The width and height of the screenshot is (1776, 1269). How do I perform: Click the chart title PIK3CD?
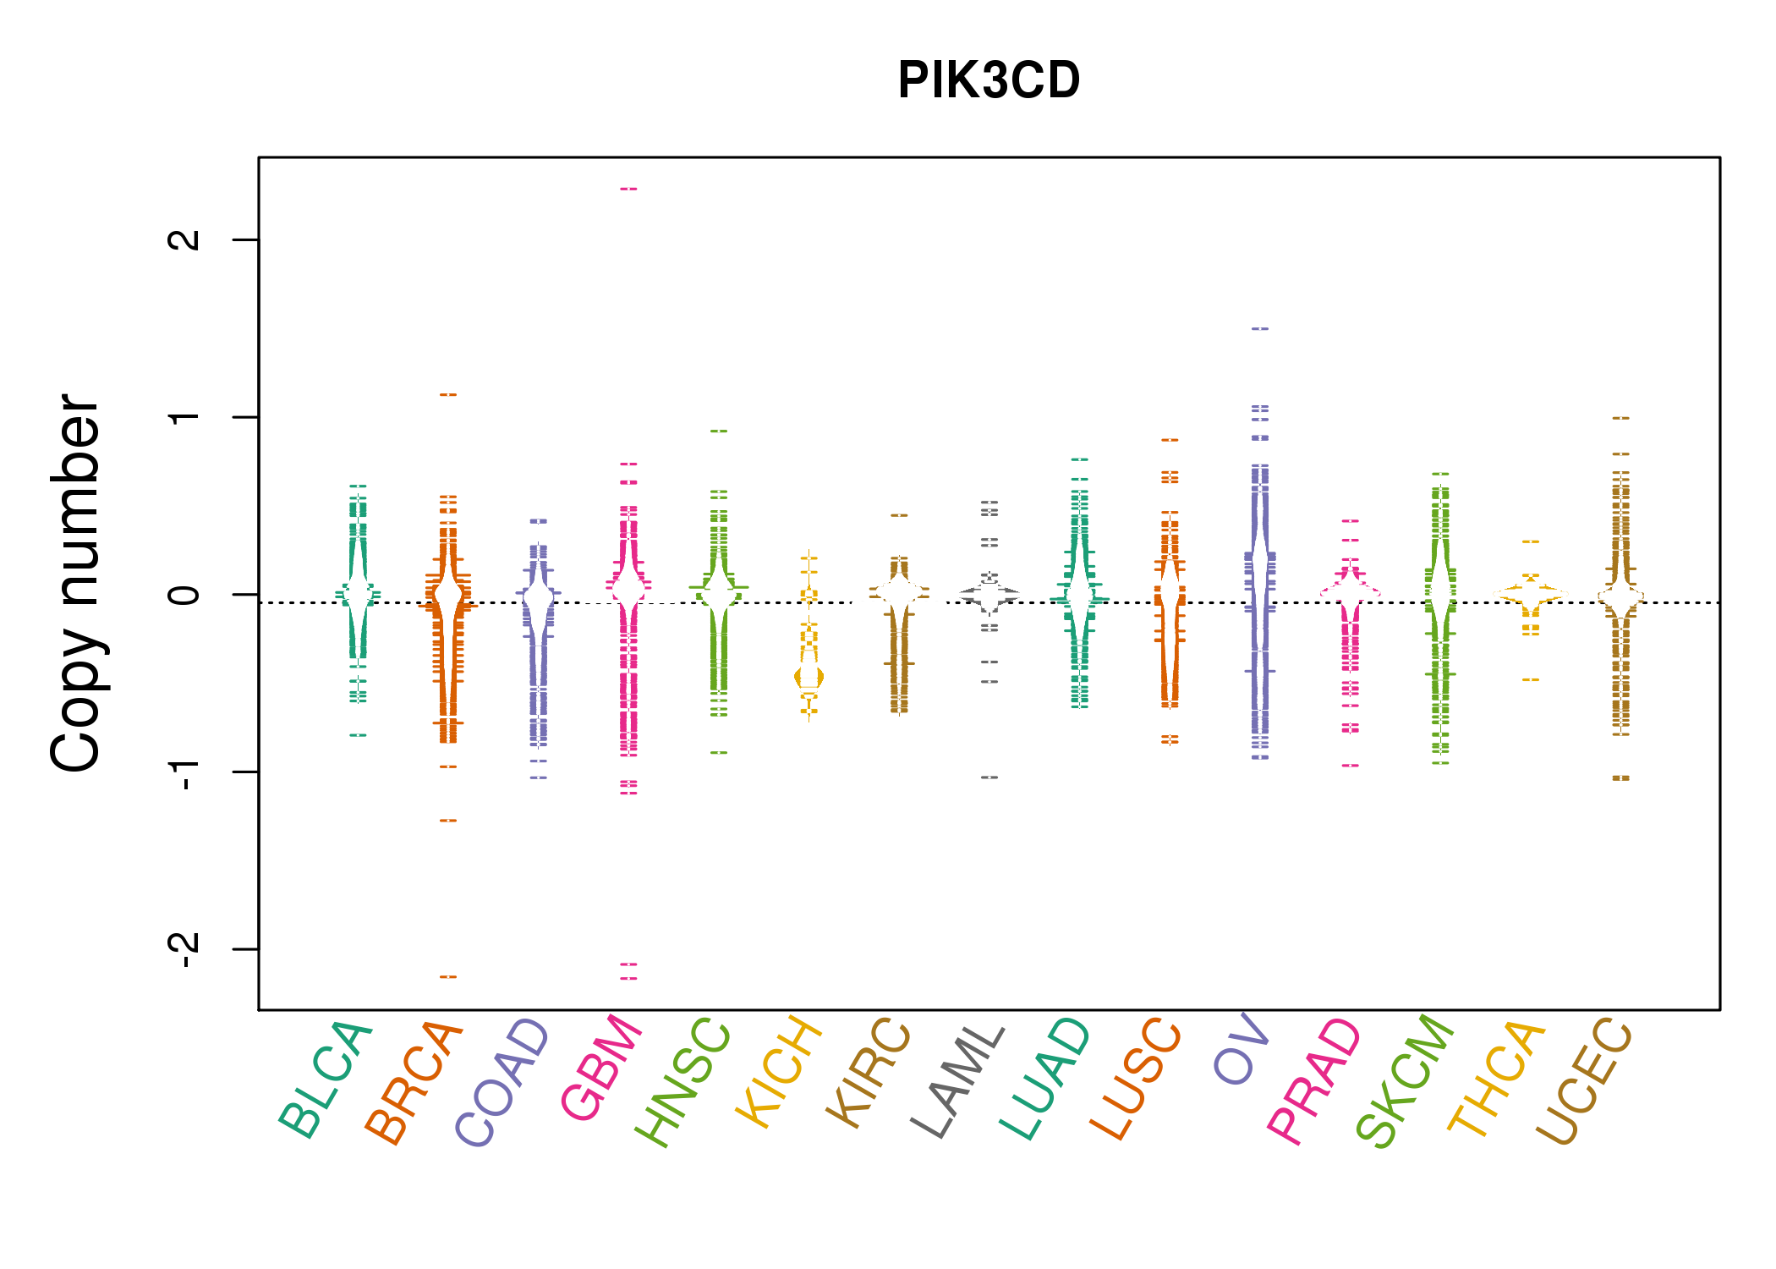coord(989,80)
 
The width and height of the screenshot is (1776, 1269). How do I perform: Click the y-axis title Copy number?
coord(76,584)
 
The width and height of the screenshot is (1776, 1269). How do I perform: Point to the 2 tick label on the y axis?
coord(184,239)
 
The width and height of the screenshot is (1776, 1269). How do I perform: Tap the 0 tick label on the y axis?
coord(184,595)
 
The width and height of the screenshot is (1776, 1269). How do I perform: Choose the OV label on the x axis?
coord(1241,1049)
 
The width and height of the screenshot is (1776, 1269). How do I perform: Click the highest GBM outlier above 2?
coord(628,189)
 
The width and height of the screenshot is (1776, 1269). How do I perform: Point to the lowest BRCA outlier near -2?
coord(448,977)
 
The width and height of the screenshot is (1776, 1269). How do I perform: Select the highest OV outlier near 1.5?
coord(1260,328)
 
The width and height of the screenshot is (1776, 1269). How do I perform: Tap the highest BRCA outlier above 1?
coord(448,394)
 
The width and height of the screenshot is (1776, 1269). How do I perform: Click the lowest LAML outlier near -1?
coord(989,777)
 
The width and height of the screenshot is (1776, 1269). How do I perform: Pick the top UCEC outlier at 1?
coord(1620,418)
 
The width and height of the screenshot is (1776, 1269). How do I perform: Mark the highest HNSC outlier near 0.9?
coord(719,431)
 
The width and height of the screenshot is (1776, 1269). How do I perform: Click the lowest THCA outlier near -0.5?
coord(1531,679)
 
